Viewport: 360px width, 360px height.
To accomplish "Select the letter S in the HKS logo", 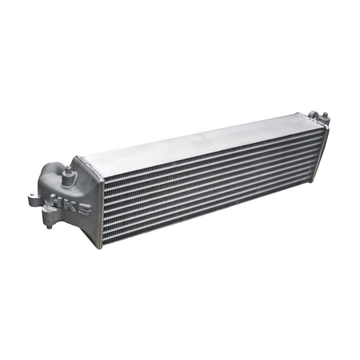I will pos(84,209).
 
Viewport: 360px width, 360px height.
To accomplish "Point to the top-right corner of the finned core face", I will pos(323,126).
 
